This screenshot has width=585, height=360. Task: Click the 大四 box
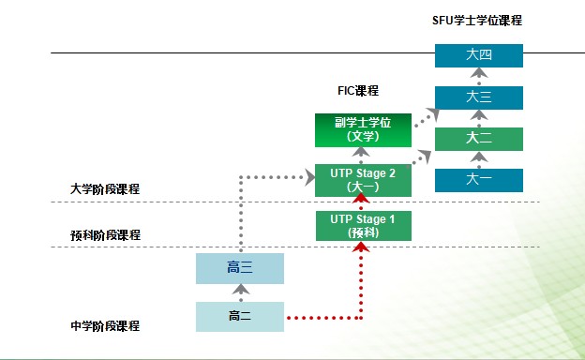coord(478,55)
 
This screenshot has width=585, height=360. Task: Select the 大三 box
coord(478,96)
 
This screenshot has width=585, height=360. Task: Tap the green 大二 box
coord(478,139)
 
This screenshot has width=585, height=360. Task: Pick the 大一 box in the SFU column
coord(478,180)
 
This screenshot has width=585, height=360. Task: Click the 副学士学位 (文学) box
coord(362,129)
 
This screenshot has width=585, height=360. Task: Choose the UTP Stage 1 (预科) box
coord(362,225)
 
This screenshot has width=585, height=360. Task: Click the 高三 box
coord(240,268)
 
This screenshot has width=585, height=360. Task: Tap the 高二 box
coord(240,316)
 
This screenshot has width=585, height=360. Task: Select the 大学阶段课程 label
coord(105,189)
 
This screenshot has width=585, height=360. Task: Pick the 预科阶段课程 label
coord(105,234)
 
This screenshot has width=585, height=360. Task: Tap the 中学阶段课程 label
coord(105,325)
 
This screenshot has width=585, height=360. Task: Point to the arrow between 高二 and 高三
coord(240,292)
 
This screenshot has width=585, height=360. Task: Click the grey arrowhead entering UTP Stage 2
coord(307,175)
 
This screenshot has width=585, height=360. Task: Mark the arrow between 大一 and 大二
coord(478,159)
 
